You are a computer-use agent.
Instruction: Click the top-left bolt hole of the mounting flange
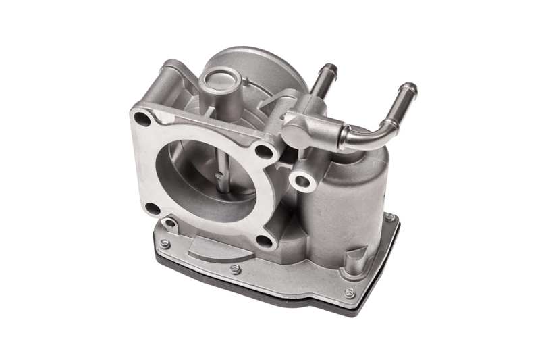(142, 119)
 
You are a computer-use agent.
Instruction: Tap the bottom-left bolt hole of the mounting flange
(153, 209)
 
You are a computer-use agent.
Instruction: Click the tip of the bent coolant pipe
(408, 88)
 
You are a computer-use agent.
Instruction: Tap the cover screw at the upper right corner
(389, 217)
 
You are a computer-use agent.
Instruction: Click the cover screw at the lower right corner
(349, 292)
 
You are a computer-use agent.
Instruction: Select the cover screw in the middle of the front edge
(234, 268)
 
